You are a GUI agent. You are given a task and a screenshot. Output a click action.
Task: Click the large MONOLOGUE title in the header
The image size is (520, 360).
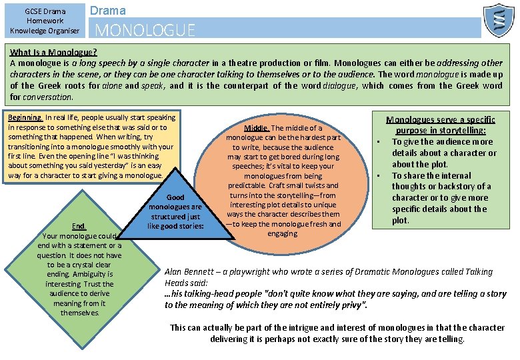(x=145, y=30)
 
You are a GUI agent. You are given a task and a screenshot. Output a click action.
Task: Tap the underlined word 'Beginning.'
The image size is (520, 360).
(x=25, y=118)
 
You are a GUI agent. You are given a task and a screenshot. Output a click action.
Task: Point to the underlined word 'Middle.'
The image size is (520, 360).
(x=257, y=128)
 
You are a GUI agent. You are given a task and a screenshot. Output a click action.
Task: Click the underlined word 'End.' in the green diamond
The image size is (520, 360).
(x=79, y=226)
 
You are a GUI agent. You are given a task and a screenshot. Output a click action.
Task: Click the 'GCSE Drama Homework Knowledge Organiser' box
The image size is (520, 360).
(x=44, y=20)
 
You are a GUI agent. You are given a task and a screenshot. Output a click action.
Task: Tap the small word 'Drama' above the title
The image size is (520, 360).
(x=107, y=10)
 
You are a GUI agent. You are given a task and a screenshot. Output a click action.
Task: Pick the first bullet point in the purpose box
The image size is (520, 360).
(x=378, y=141)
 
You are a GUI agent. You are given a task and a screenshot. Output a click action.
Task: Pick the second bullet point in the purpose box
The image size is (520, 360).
(x=378, y=175)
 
